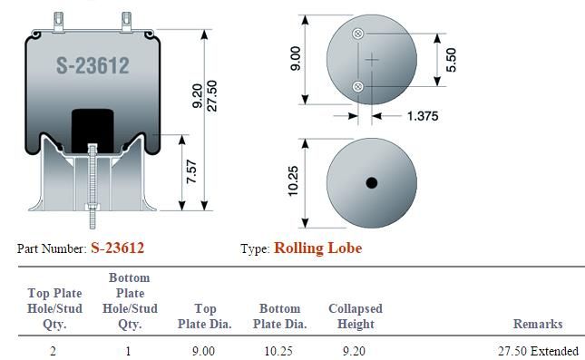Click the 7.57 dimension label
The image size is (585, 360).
191,171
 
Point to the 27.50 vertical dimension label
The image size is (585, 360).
211,95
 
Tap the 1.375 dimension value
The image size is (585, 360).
423,116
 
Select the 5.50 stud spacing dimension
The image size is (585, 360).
451,60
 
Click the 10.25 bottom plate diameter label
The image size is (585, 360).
293,180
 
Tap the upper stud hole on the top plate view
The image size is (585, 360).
357,34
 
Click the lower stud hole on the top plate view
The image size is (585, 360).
357,87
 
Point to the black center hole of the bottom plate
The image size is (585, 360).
372,183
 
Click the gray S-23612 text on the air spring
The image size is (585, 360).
93,65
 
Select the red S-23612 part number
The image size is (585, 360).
118,248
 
